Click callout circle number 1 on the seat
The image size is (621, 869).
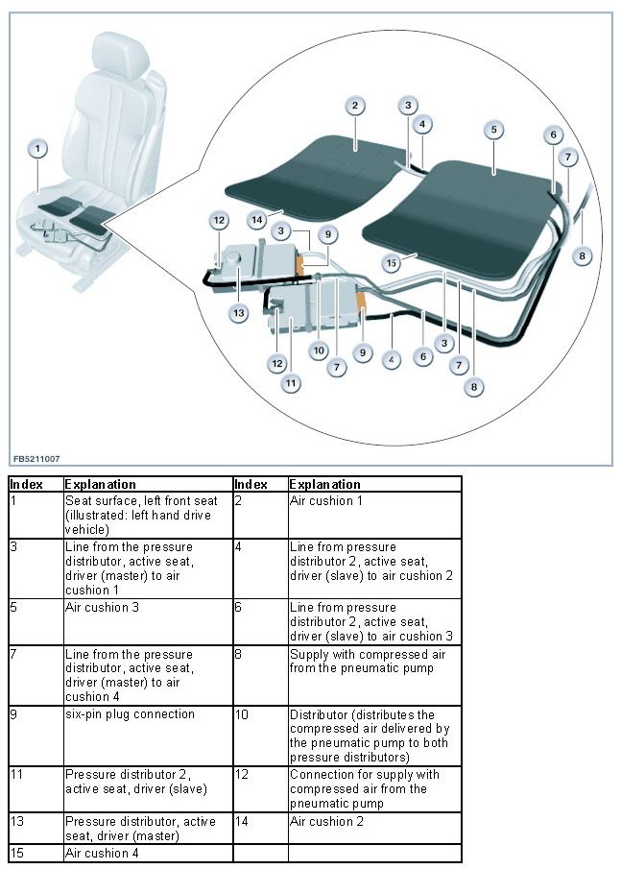pyautogui.click(x=36, y=149)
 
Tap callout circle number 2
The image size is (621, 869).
pyautogui.click(x=355, y=106)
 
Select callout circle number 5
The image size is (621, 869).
pyautogui.click(x=493, y=128)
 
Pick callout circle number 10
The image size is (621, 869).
pyautogui.click(x=319, y=350)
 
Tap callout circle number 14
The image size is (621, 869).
pyautogui.click(x=257, y=220)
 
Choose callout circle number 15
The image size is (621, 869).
pyautogui.click(x=391, y=262)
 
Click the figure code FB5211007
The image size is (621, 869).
pyautogui.click(x=36, y=459)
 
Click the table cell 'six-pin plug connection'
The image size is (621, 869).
pyautogui.click(x=130, y=714)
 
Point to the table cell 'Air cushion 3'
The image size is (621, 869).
pyautogui.click(x=98, y=608)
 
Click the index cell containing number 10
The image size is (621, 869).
pyautogui.click(x=244, y=714)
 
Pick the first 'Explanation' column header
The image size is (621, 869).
pyautogui.click(x=101, y=484)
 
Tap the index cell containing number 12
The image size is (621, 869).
pyautogui.click(x=244, y=774)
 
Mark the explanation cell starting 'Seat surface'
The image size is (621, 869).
pyautogui.click(x=141, y=515)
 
